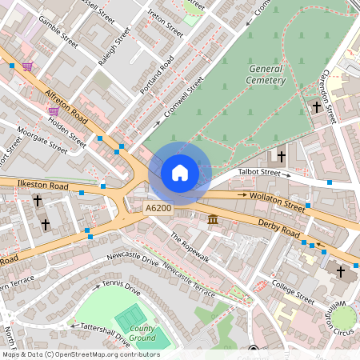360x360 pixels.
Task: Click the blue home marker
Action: [x=180, y=172]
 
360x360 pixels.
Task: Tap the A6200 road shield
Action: [x=158, y=208]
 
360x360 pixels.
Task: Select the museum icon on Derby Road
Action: [x=214, y=219]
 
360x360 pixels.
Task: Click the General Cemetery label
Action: [x=265, y=75]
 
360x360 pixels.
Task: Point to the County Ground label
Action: [x=142, y=333]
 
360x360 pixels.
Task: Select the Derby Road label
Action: [x=278, y=229]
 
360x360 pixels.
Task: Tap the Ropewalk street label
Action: [x=189, y=248]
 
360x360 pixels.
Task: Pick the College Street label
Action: [x=293, y=292]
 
